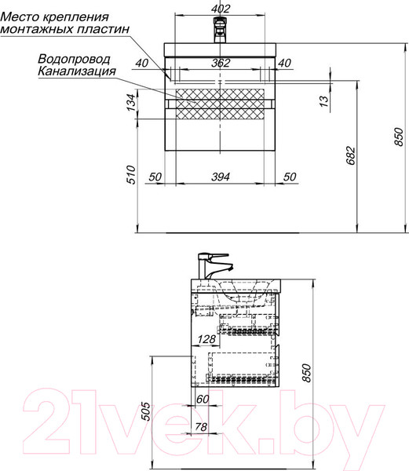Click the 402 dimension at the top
pos(222,9)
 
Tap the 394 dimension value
pos(221,177)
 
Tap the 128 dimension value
pos(206,340)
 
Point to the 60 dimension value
pos(204,400)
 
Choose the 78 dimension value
pos(201,427)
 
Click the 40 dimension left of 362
pos(141,64)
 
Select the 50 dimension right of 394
pos(289,177)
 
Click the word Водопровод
pos(74,59)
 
